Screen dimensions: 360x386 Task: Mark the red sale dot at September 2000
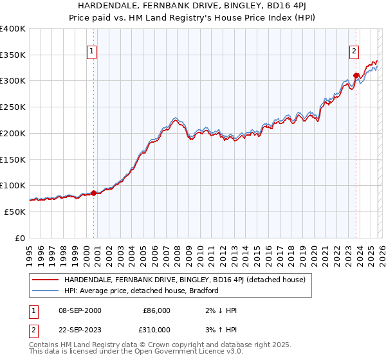coord(94,192)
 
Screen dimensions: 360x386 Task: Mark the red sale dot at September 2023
coord(356,75)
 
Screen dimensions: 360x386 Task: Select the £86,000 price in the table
coord(156,310)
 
